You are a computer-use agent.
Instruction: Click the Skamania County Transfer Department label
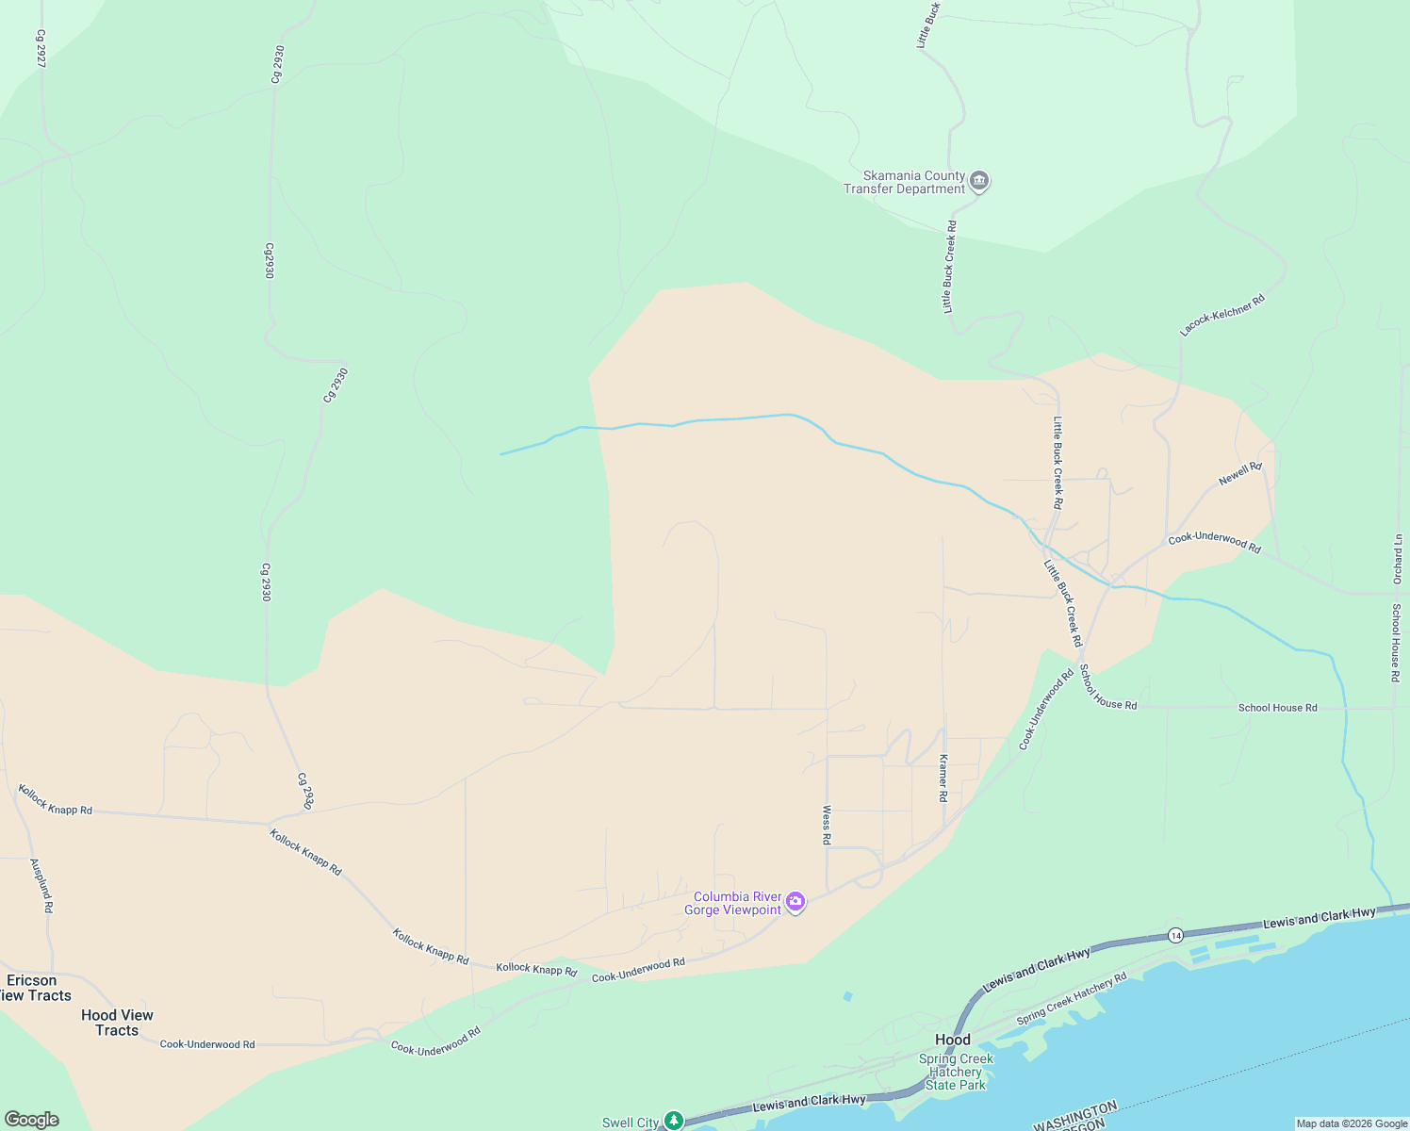pyautogui.click(x=904, y=182)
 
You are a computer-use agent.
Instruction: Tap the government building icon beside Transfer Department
pyautogui.click(x=979, y=181)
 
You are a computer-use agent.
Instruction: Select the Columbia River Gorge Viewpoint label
pyautogui.click(x=738, y=903)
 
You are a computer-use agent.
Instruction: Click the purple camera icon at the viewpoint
pyautogui.click(x=795, y=903)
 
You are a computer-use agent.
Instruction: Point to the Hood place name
pyautogui.click(x=952, y=1040)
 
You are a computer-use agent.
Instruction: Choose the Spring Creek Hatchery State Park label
pyautogui.click(x=956, y=1072)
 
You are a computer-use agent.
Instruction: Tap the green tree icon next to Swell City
pyautogui.click(x=673, y=1120)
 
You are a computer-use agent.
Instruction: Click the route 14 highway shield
pyautogui.click(x=1174, y=935)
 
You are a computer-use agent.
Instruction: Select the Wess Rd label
pyautogui.click(x=827, y=825)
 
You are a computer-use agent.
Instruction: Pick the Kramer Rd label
pyautogui.click(x=943, y=778)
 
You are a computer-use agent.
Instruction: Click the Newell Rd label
pyautogui.click(x=1239, y=474)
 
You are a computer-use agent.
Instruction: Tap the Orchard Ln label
pyautogui.click(x=1397, y=559)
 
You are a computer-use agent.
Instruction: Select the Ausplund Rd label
pyautogui.click(x=41, y=885)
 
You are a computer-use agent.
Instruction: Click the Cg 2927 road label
pyautogui.click(x=41, y=48)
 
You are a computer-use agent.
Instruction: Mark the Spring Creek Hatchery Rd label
pyautogui.click(x=1072, y=1000)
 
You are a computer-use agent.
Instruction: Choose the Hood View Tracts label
pyautogui.click(x=117, y=1023)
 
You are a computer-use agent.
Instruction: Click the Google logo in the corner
pyautogui.click(x=32, y=1120)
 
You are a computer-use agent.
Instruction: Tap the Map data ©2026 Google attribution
pyautogui.click(x=1352, y=1123)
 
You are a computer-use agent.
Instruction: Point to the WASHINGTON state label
pyautogui.click(x=1075, y=1115)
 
